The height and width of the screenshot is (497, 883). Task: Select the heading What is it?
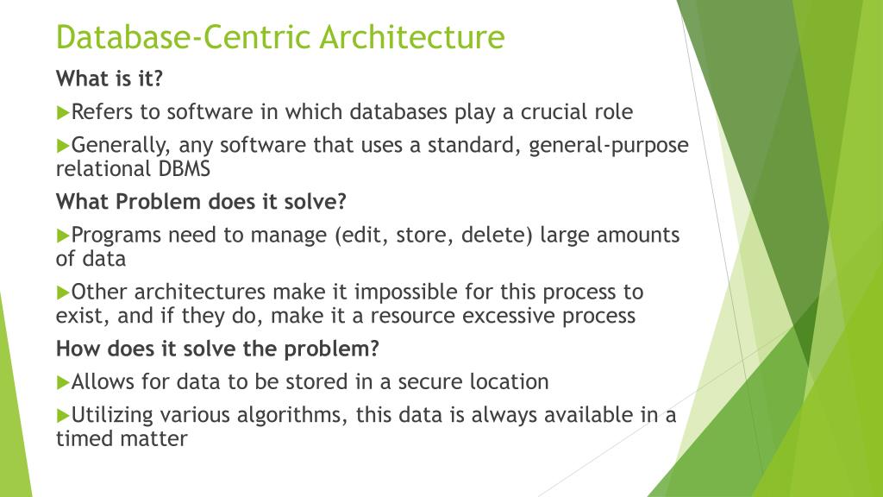coord(110,79)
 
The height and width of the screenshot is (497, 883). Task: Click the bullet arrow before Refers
coord(62,111)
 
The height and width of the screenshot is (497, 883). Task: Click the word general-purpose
coord(609,145)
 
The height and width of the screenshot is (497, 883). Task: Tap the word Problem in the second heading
coord(160,202)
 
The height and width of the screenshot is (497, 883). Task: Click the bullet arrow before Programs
coord(62,234)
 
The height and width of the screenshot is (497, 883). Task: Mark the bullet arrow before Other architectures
coord(62,291)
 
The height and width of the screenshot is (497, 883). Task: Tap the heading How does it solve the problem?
coord(217,349)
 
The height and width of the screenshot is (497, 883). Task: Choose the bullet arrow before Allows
coord(62,381)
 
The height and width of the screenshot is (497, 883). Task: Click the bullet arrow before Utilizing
coord(62,414)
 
